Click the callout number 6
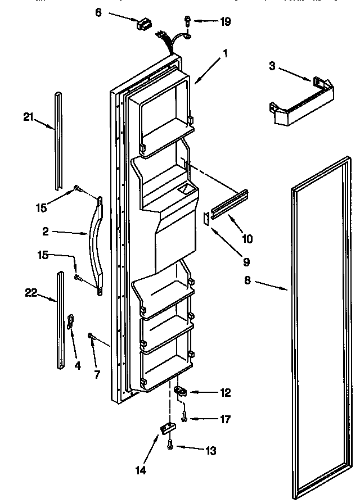tap(98, 12)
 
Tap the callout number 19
tap(226, 22)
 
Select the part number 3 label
tap(272, 67)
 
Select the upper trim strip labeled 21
tap(57, 141)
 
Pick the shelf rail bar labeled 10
tap(229, 206)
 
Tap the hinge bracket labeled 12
tap(181, 391)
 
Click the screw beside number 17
tap(184, 418)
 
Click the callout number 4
tap(77, 365)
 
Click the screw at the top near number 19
tap(187, 21)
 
